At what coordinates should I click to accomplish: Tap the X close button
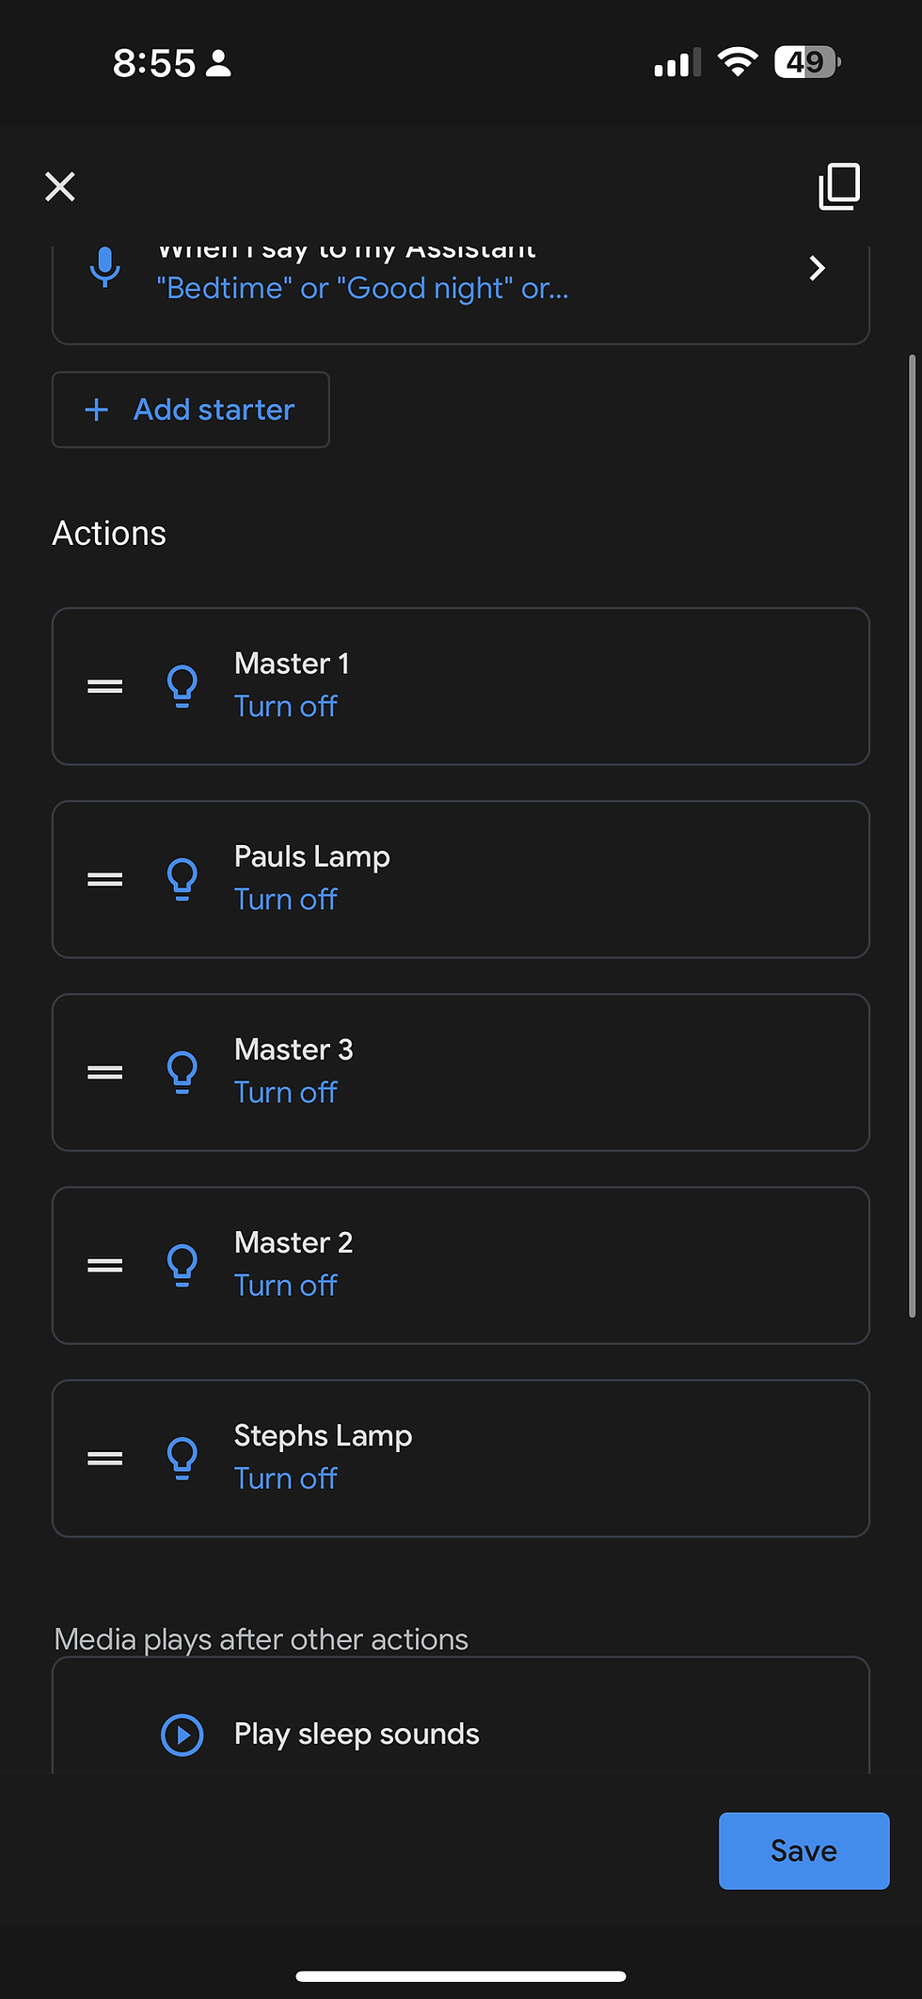60,186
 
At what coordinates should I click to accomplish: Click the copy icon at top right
839,186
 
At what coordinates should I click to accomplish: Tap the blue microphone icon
105,268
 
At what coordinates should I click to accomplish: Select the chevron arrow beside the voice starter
817,269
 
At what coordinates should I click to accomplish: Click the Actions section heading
109,534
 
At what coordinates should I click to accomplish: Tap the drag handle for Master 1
105,687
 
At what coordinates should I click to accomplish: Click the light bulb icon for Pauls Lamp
183,879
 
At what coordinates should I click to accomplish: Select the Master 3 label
294,1049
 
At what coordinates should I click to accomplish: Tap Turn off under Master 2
285,1286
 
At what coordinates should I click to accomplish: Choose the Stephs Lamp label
323,1435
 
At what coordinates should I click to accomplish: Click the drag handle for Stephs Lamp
105,1459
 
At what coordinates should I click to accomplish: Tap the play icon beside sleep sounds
183,1735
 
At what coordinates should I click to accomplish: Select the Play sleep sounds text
357,1734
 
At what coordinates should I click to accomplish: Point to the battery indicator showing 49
806,63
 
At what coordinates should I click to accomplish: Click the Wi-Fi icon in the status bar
738,62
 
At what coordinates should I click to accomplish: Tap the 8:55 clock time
154,63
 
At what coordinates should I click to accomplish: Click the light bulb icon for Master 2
183,1265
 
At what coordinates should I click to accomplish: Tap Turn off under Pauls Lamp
285,900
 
